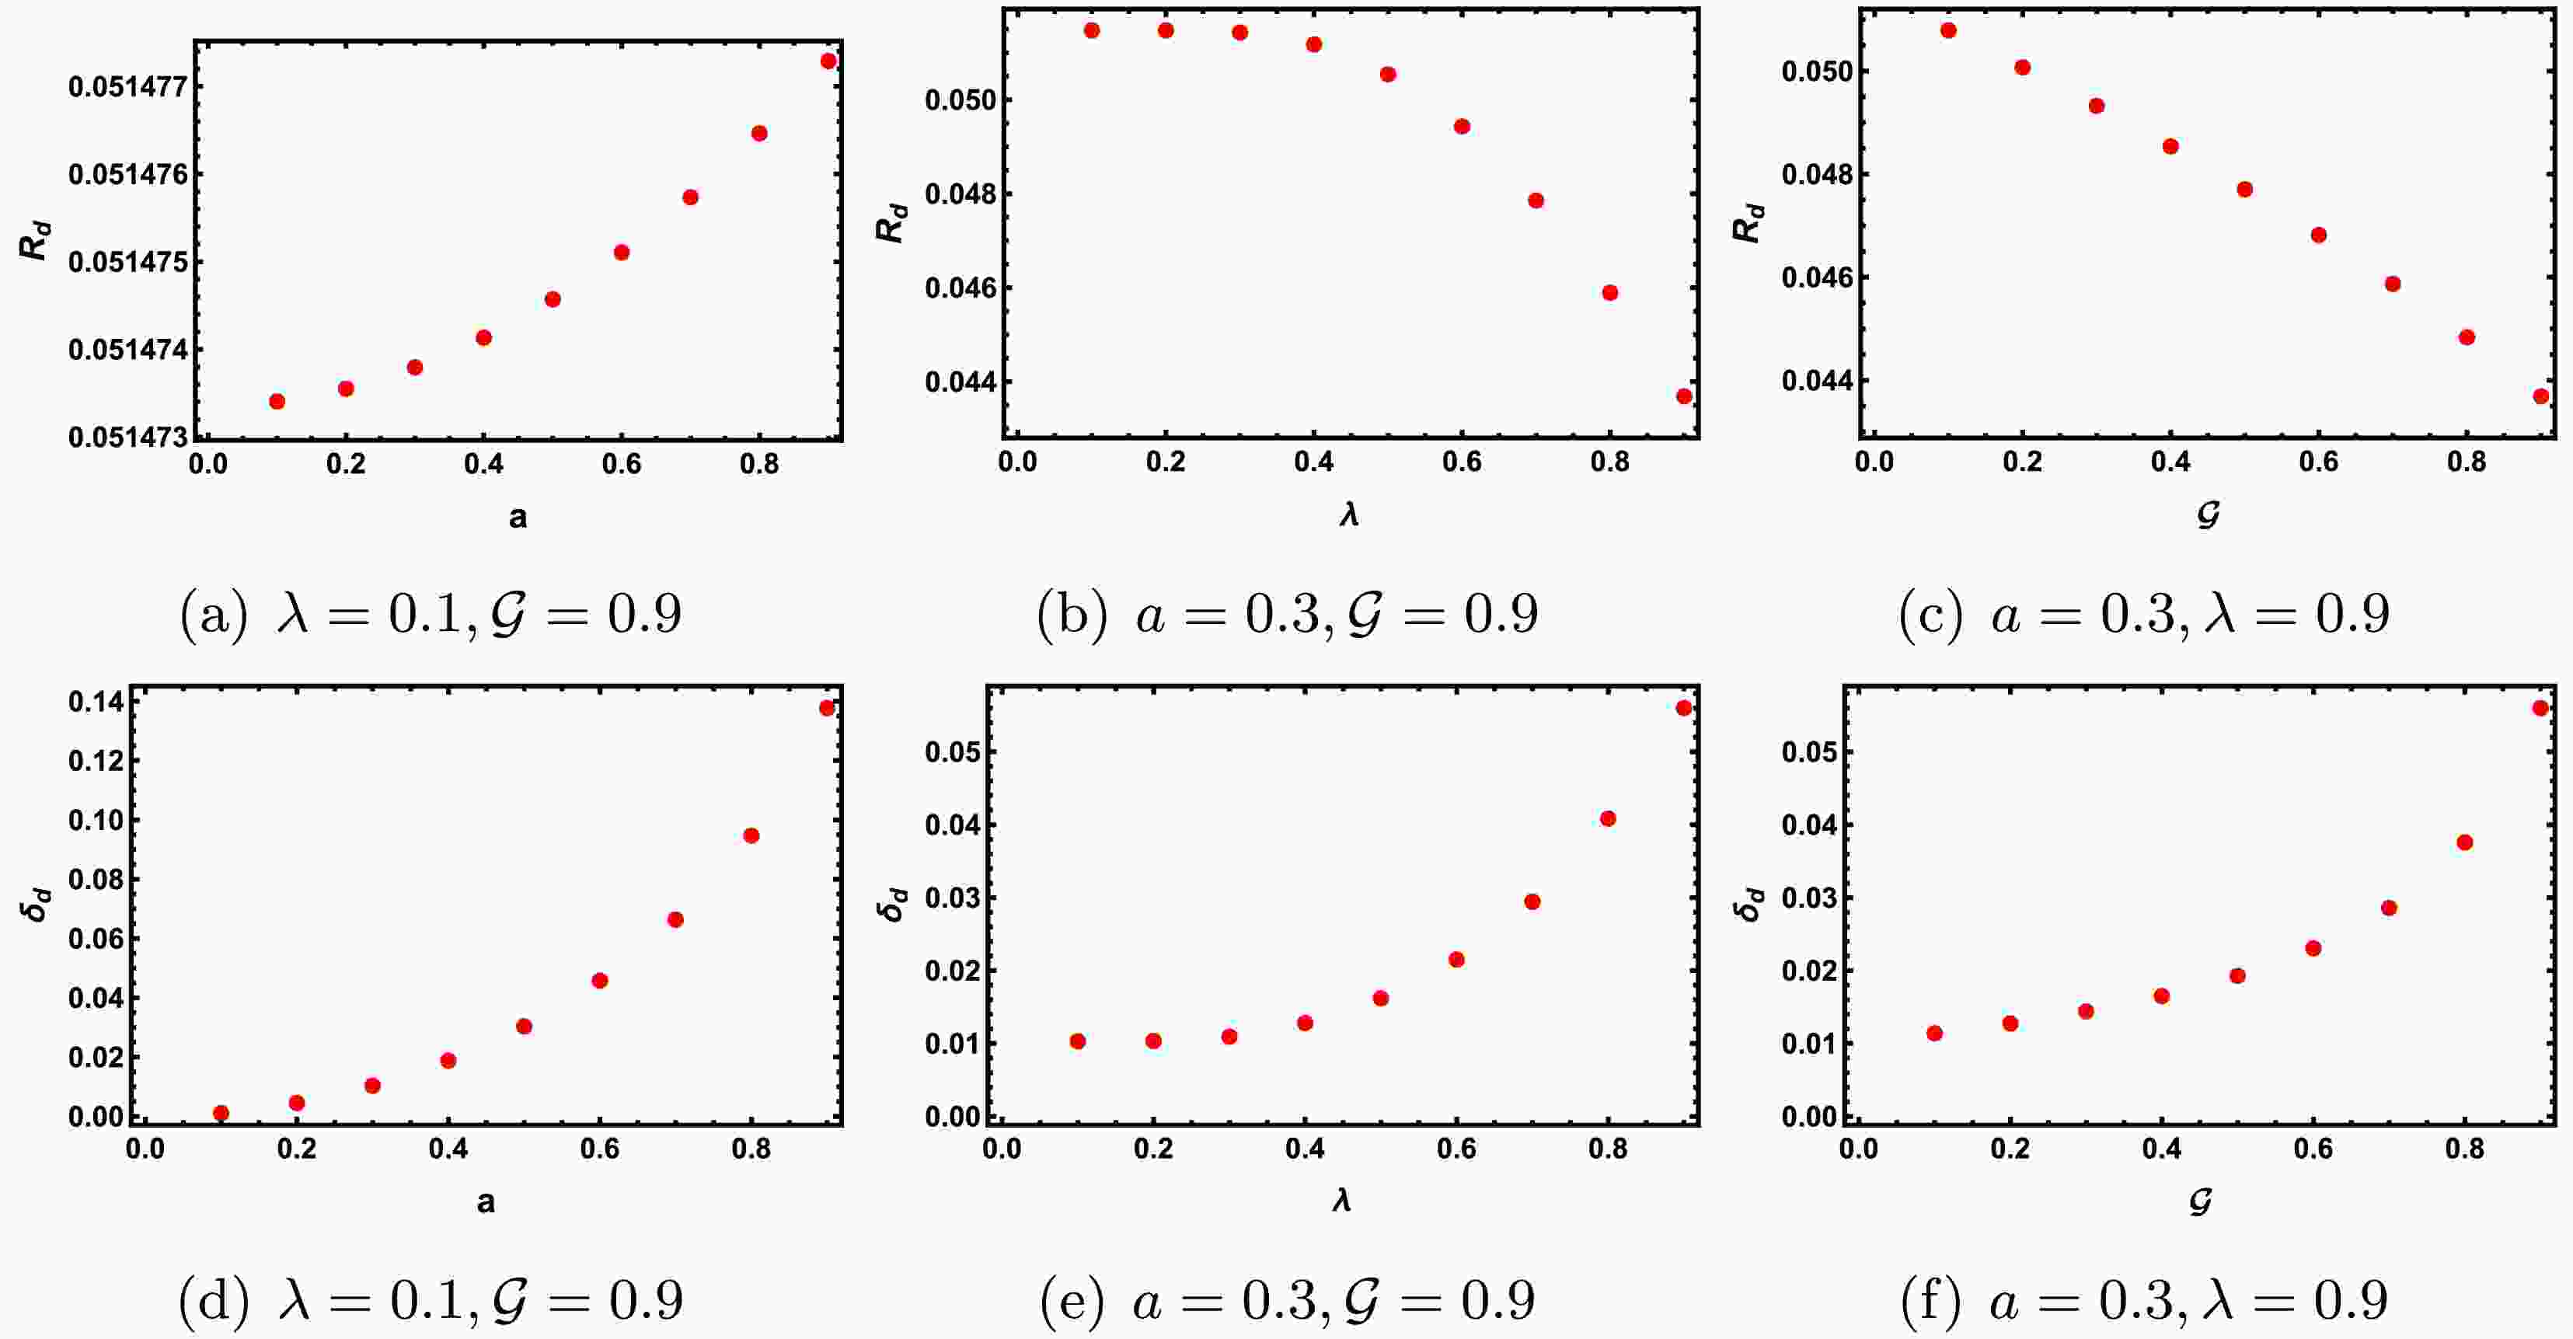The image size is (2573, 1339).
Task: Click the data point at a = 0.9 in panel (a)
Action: (828, 61)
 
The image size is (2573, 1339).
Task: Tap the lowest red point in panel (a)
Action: (277, 402)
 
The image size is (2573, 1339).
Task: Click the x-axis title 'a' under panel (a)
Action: (518, 518)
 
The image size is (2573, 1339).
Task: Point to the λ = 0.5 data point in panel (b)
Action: (1387, 74)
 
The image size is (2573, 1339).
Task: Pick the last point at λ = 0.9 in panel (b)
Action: (1684, 396)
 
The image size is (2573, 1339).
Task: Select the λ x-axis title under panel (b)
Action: (1349, 515)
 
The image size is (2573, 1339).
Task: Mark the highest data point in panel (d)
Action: (826, 708)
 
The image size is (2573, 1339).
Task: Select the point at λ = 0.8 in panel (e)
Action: (1608, 819)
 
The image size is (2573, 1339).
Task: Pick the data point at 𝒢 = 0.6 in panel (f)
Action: (2313, 947)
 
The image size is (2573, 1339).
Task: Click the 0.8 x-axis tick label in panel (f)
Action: (2465, 1149)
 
